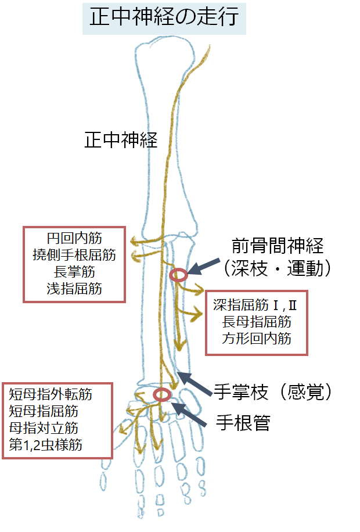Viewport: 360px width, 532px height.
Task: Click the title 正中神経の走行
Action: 164,17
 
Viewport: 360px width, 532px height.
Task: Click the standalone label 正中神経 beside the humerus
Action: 121,140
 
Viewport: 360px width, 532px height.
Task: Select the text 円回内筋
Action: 74,238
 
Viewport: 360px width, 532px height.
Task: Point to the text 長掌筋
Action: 74,271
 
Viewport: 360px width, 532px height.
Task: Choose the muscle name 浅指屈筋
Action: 74,288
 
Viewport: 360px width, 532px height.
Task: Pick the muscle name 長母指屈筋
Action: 256,322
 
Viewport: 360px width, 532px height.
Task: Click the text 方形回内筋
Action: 256,339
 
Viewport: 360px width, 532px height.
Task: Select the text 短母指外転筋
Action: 51,395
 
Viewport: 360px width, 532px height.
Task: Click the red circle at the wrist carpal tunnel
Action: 162,395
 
